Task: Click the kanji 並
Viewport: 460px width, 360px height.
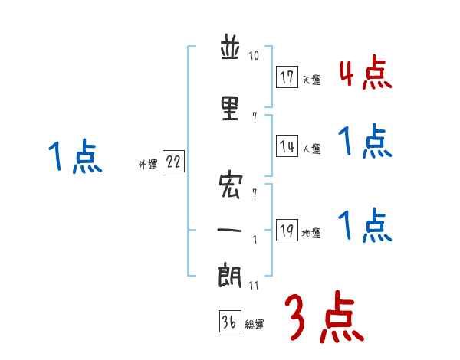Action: coord(230,51)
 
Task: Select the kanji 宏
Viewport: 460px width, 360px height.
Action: coord(230,185)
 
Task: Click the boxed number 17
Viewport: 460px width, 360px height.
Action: coord(287,77)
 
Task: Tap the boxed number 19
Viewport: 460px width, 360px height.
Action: coord(287,231)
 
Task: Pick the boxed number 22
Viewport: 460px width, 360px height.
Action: coord(173,162)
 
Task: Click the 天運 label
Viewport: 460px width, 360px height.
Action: coord(311,80)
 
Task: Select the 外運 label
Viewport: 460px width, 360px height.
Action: coord(147,164)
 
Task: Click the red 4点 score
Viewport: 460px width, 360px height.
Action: coord(365,74)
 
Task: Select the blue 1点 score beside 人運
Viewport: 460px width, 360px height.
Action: coord(365,142)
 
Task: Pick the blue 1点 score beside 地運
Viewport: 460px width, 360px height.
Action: coord(365,226)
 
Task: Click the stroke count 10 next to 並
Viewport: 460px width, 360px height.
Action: coord(255,56)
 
